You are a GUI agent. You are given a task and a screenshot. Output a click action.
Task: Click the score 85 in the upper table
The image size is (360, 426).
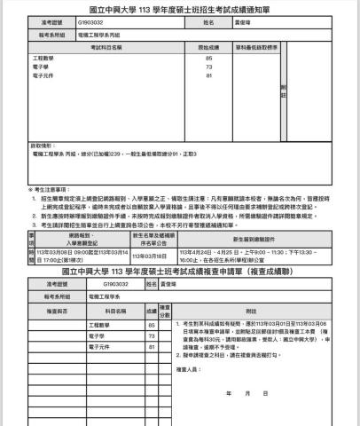click(208, 58)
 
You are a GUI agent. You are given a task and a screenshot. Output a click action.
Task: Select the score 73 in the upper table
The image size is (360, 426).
click(208, 67)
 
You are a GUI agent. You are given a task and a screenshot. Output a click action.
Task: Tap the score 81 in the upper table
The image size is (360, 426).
click(208, 75)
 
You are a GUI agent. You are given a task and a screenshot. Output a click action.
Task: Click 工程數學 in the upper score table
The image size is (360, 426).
click(43, 58)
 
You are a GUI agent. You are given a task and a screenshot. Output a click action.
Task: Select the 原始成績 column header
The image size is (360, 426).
click(208, 46)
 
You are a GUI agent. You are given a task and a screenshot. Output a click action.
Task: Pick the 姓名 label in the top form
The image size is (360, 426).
click(208, 21)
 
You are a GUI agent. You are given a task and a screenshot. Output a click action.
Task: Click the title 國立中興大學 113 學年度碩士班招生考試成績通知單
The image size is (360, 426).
click(180, 7)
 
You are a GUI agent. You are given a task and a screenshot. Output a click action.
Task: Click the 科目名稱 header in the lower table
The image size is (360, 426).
click(115, 311)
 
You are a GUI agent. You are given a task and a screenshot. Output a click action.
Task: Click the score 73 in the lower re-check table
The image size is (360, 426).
click(152, 336)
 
